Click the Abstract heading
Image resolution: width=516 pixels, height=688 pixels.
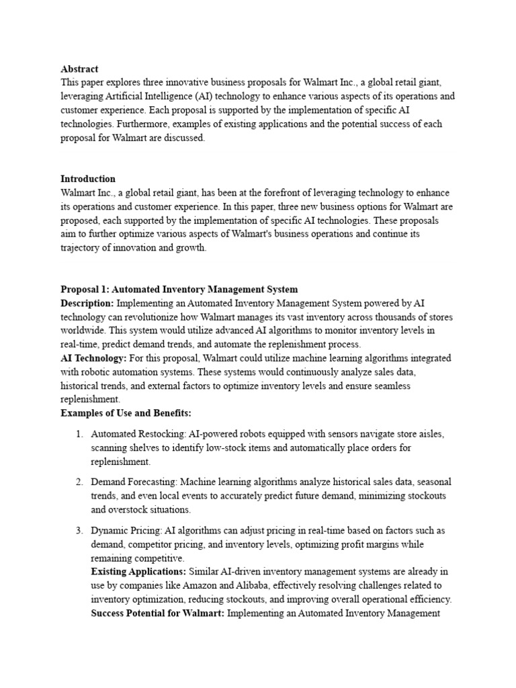tap(79, 69)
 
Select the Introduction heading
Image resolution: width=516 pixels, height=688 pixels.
tap(88, 179)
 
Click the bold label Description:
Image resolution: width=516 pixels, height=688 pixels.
tap(87, 303)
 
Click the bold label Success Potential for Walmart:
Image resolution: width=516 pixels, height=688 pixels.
tap(158, 613)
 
